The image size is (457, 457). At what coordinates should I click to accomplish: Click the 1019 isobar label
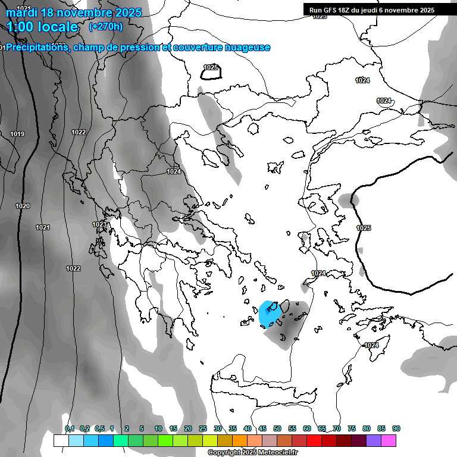click(x=17, y=134)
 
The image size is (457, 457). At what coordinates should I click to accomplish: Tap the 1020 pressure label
click(x=23, y=206)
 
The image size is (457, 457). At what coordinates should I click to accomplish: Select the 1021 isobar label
click(x=43, y=227)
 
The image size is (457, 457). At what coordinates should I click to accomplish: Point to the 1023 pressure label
click(x=99, y=224)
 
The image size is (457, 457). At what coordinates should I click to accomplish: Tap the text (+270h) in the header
click(x=106, y=26)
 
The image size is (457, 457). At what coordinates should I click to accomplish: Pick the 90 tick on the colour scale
click(x=396, y=428)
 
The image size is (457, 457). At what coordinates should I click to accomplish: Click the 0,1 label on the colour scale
click(x=69, y=428)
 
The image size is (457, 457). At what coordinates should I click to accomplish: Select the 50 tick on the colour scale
click(x=277, y=428)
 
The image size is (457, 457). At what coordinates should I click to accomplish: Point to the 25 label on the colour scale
click(x=203, y=428)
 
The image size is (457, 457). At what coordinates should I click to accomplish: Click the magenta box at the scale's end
click(x=389, y=440)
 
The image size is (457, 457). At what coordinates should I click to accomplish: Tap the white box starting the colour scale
click(x=61, y=440)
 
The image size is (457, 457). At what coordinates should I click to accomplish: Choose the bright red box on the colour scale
click(x=314, y=440)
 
